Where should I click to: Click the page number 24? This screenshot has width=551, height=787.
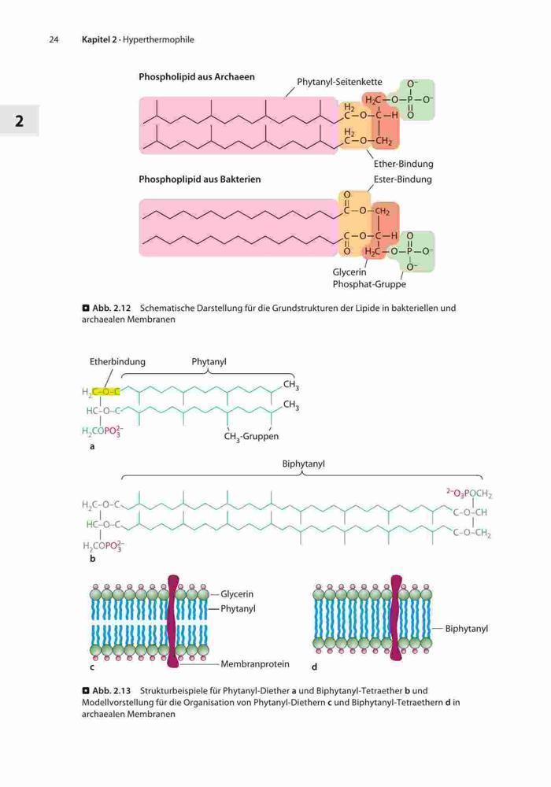pos(54,39)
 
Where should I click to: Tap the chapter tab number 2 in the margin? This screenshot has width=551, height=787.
pos(19,121)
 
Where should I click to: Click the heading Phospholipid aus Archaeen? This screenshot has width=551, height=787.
pos(197,77)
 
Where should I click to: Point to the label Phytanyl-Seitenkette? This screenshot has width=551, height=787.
pos(339,82)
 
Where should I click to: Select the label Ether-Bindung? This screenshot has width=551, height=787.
pos(403,164)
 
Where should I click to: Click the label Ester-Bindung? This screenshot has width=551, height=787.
pos(402,179)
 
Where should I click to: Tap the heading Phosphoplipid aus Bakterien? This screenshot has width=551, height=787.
pos(200,179)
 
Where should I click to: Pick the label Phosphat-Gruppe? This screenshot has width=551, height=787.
pos(369,284)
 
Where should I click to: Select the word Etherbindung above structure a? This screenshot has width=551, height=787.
pos(117,361)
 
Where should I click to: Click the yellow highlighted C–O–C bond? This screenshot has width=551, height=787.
pos(106,391)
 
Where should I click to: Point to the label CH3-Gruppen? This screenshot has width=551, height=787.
pos(251,437)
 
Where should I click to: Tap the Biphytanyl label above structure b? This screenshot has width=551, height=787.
pos(303,464)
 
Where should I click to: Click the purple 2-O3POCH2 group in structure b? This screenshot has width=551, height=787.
pos(469,494)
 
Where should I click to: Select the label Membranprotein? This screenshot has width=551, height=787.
pos(255,664)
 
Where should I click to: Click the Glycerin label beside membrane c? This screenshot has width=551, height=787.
pos(237,593)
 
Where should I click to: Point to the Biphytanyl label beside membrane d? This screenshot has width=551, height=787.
pos(466,628)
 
